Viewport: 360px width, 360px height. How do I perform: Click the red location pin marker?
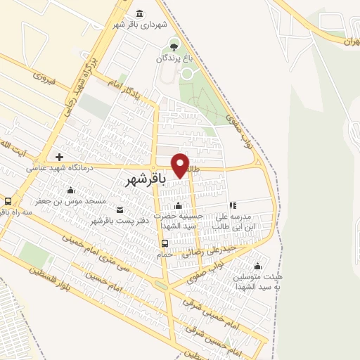pyautogui.click(x=181, y=165)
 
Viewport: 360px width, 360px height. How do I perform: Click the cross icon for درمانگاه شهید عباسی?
pyautogui.click(x=60, y=157)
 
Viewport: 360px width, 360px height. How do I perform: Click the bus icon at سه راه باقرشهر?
pyautogui.click(x=8, y=200)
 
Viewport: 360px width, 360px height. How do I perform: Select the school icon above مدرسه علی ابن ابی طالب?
pyautogui.click(x=233, y=206)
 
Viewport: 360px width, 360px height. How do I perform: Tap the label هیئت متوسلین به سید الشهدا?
pyautogui.click(x=257, y=281)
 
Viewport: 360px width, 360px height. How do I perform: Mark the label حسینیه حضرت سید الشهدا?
pyautogui.click(x=179, y=221)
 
